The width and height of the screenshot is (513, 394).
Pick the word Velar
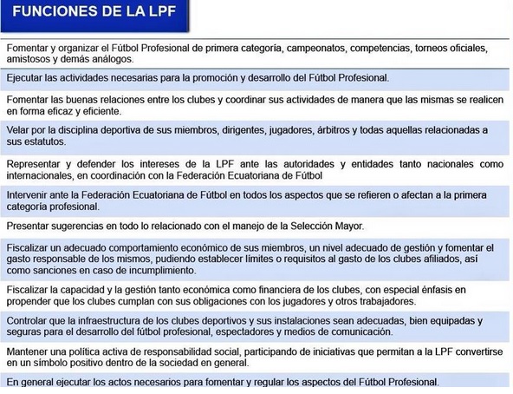pos(19,129)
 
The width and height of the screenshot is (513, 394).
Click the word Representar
pos(36,162)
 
